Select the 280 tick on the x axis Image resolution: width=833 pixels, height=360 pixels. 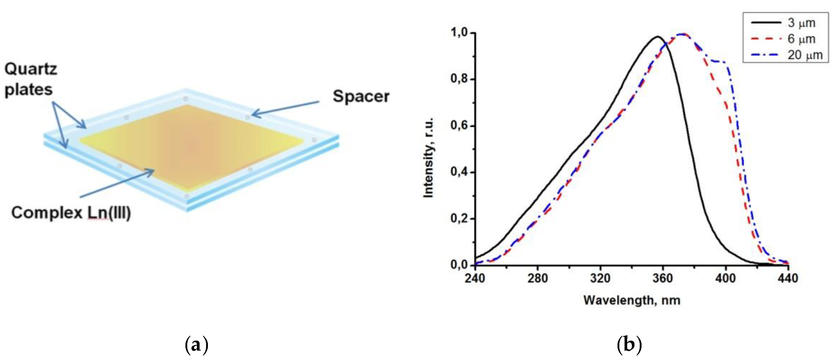coord(537,278)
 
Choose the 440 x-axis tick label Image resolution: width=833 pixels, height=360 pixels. coord(788,278)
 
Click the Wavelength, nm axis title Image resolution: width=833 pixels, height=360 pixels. coord(632,300)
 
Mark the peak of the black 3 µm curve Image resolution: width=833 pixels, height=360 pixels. coord(657,37)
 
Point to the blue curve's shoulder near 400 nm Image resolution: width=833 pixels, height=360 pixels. coord(720,61)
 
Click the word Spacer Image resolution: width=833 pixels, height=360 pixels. coord(361,96)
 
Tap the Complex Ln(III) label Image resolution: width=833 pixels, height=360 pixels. coord(71,213)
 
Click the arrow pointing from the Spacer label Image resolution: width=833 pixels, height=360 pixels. coord(285,108)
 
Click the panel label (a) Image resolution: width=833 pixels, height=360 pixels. coord(196,345)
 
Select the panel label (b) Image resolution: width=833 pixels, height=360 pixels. coord(629,345)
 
